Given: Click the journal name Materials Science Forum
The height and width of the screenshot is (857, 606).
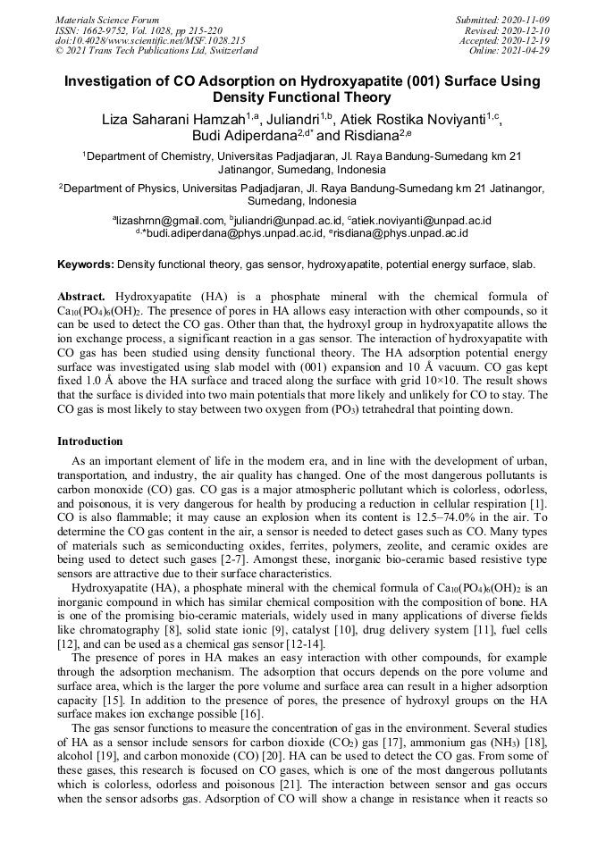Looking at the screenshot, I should click(x=107, y=19).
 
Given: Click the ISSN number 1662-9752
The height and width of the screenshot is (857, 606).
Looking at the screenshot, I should click(x=105, y=29).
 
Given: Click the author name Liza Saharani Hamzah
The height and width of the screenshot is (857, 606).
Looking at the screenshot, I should click(x=165, y=119).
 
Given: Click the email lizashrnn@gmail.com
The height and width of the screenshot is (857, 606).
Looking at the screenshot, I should click(x=170, y=220).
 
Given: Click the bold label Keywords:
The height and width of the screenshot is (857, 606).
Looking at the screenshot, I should click(x=86, y=265).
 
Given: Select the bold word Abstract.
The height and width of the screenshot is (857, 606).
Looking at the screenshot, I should click(x=82, y=297).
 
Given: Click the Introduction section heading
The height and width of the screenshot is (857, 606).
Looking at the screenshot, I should click(x=90, y=441).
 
